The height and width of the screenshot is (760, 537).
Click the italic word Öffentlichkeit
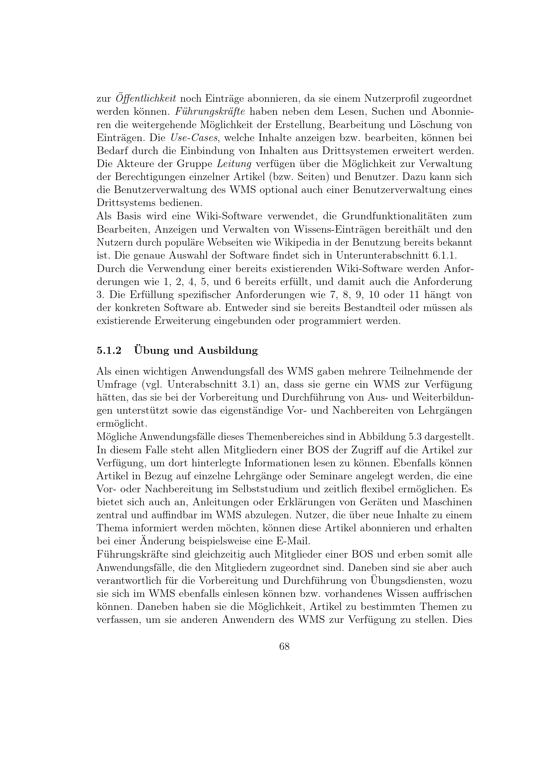pyautogui.click(x=146, y=98)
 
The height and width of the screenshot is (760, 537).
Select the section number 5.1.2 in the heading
pyautogui.click(x=109, y=351)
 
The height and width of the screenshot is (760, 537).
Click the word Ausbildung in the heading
pyautogui.click(x=228, y=351)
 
